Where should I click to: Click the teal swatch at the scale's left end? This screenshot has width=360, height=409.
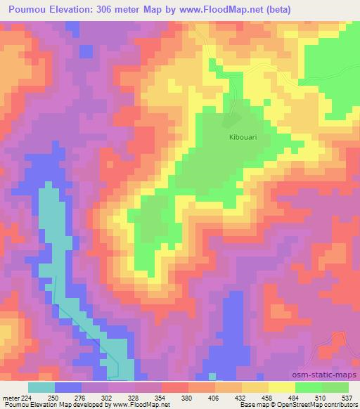pyautogui.click(x=41, y=387)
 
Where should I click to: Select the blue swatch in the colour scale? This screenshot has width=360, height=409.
pyautogui.click(x=68, y=387)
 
